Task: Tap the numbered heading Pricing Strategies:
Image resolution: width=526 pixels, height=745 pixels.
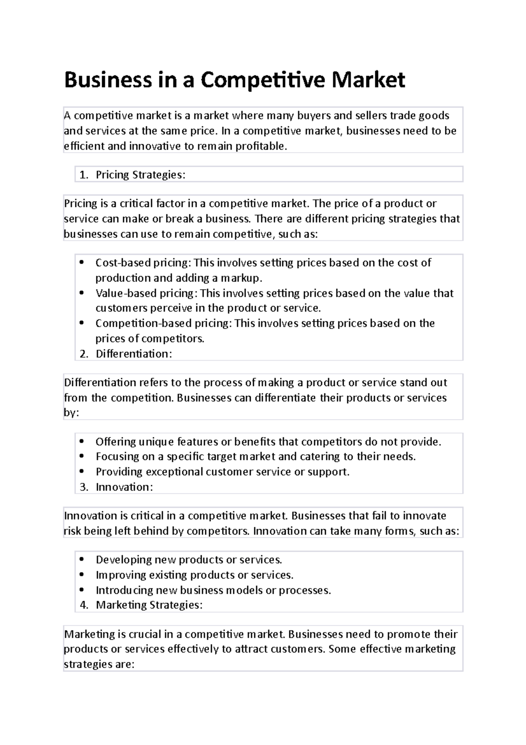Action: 140,175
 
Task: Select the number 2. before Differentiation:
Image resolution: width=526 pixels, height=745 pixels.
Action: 84,354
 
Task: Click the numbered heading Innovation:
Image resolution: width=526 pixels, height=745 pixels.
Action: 124,487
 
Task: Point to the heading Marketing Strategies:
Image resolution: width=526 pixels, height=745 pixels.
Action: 149,605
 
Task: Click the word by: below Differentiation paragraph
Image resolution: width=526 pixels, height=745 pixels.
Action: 71,413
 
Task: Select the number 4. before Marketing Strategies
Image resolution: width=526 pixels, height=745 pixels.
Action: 84,605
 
